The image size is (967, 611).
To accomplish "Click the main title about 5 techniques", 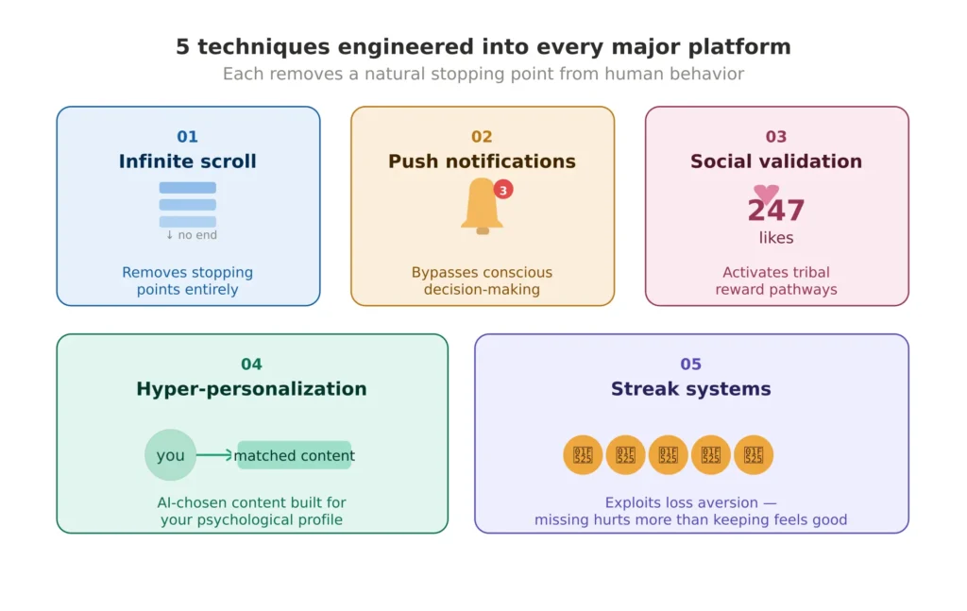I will [483, 46].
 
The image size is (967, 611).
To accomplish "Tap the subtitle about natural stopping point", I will [483, 74].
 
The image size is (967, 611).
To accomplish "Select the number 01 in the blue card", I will [188, 137].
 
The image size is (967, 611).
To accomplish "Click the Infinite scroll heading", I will [188, 161].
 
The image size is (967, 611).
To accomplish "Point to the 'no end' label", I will [192, 235].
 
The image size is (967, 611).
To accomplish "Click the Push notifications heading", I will [482, 161].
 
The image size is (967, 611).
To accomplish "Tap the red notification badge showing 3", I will [503, 190].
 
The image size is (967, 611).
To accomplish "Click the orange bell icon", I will [482, 205].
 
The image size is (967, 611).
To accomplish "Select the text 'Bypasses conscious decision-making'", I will [482, 280].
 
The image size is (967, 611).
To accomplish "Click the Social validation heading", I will [776, 161].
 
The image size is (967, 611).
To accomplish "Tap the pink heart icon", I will [767, 193].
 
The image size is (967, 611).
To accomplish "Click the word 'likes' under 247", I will [776, 238].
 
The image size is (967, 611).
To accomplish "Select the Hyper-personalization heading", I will [251, 389].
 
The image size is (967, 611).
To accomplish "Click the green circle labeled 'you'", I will [171, 455].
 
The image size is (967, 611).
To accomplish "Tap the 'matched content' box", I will [294, 455].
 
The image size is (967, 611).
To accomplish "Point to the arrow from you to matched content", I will [215, 455].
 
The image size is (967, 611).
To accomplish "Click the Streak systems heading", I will [690, 389].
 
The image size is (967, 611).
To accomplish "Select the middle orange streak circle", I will [669, 455].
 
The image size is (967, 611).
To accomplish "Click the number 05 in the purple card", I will [690, 365].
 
